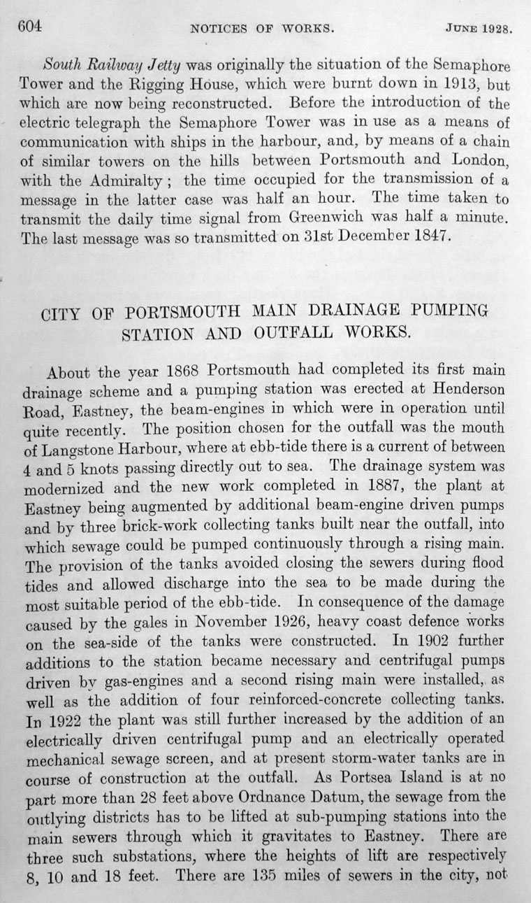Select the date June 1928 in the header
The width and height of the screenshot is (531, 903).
point(478,29)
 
